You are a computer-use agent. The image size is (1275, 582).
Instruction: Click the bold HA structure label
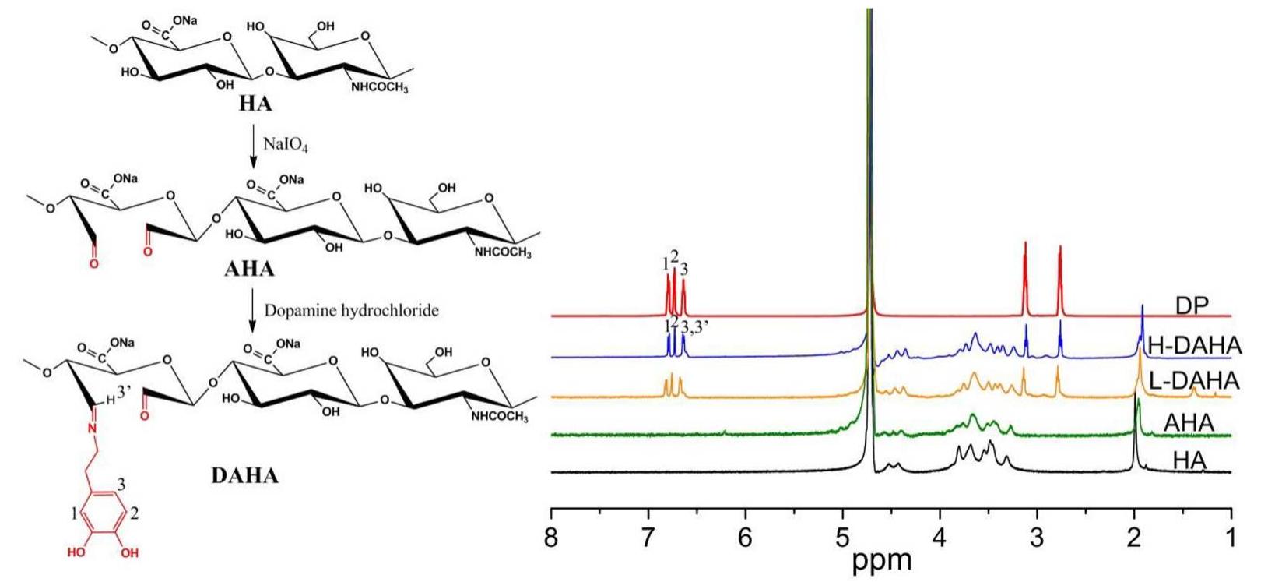pyautogui.click(x=255, y=104)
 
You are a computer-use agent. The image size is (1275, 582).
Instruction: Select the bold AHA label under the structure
pyautogui.click(x=249, y=269)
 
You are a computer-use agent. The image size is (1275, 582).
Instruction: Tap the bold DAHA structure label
pyautogui.click(x=244, y=475)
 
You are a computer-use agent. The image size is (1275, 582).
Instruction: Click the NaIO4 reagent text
pyautogui.click(x=286, y=144)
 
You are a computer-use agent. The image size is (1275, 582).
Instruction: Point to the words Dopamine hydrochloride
pyautogui.click(x=351, y=310)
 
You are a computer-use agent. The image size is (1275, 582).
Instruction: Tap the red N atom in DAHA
pyautogui.click(x=91, y=429)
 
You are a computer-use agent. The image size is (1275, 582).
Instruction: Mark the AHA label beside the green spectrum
pyautogui.click(x=1189, y=423)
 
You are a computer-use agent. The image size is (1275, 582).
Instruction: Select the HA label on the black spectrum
pyautogui.click(x=1189, y=461)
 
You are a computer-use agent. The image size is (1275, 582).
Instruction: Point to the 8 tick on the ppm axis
pyautogui.click(x=551, y=537)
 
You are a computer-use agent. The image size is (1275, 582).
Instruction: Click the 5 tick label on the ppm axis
pyautogui.click(x=843, y=537)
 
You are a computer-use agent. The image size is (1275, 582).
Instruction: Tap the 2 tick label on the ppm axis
pyautogui.click(x=1134, y=537)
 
